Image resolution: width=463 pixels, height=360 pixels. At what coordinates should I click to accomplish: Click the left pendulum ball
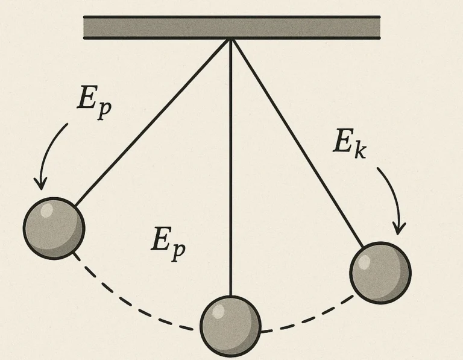coord(54,229)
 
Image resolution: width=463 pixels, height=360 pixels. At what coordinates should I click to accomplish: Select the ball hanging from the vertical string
coord(231,326)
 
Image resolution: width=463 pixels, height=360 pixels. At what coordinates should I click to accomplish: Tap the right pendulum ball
coord(380,273)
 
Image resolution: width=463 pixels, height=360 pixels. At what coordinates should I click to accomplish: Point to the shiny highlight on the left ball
coord(46,210)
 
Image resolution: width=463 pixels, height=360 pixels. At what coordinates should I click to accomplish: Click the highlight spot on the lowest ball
coord(218,311)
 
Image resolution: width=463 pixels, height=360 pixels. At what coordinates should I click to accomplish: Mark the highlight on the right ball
coord(364,262)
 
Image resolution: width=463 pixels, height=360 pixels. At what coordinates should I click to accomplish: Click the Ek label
coord(350,144)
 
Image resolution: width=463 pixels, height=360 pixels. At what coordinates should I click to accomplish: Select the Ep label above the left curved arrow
coord(94,103)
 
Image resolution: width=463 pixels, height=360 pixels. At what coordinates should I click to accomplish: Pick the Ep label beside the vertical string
coord(168,244)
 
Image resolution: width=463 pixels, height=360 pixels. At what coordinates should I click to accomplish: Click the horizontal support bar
coord(231,28)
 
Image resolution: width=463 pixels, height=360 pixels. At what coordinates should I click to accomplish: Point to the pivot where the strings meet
coord(231,40)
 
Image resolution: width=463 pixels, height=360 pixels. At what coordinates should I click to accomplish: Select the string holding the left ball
coord(153,122)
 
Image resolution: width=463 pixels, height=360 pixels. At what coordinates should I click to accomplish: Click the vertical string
coord(231,168)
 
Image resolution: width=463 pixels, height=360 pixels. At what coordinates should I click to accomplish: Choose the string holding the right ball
coord(298,144)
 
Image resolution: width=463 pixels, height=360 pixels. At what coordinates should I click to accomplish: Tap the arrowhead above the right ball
coord(398,230)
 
